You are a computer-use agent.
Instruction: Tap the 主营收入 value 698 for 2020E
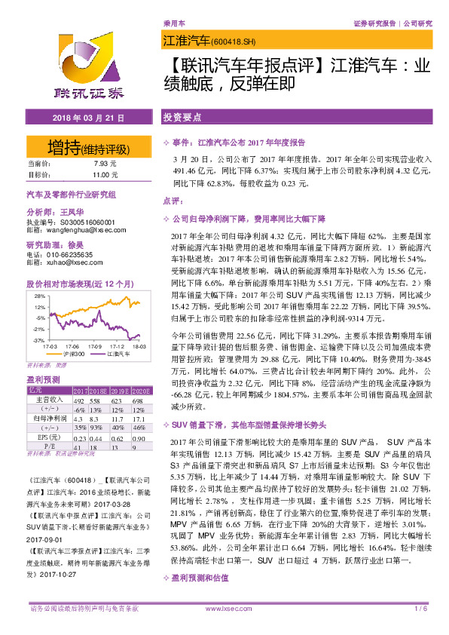click(x=136, y=400)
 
